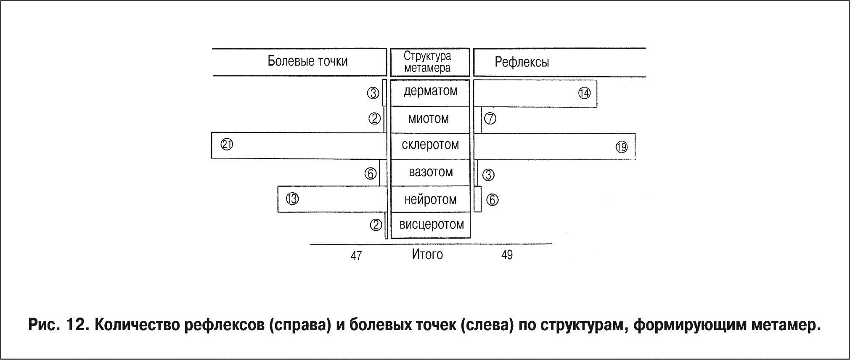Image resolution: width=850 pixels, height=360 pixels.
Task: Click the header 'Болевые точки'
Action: click(307, 61)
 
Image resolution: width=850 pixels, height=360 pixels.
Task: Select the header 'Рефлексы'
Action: click(522, 63)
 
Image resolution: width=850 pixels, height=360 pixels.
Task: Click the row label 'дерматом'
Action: click(430, 91)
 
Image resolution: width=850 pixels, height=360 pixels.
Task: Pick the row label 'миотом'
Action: click(429, 119)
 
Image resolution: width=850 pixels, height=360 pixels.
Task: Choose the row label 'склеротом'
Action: click(430, 145)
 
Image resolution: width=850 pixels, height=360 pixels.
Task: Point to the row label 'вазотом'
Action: click(431, 172)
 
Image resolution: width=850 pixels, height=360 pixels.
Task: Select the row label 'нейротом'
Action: click(430, 199)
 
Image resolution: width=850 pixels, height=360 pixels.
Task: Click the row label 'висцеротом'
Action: click(431, 225)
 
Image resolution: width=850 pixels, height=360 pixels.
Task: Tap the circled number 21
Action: click(227, 145)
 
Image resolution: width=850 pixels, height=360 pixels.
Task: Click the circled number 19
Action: click(621, 147)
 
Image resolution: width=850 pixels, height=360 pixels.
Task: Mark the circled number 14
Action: click(584, 93)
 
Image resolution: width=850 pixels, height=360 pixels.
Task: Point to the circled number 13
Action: click(292, 198)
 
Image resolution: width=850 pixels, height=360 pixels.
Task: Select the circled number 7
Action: click(490, 119)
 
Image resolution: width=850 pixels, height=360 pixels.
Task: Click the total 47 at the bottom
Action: click(356, 256)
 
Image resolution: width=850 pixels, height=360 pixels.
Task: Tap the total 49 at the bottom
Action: click(507, 255)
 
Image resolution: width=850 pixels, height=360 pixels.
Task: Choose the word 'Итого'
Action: click(427, 254)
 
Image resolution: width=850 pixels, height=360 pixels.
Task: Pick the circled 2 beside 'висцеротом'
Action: click(376, 225)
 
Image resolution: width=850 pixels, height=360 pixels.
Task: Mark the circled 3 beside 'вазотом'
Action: click(488, 175)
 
